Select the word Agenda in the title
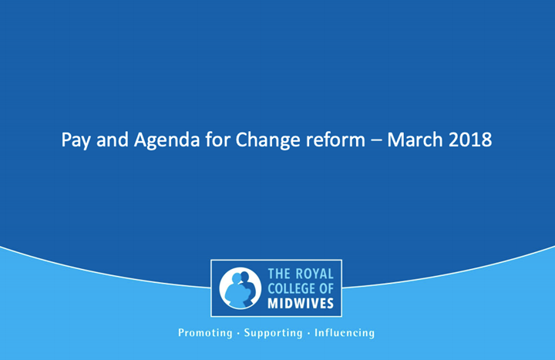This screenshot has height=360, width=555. (x=166, y=140)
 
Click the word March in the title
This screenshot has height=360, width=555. (x=415, y=140)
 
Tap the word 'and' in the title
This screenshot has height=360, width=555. (x=113, y=140)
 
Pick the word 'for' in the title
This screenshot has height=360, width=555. (x=217, y=140)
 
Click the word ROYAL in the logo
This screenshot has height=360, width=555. (x=314, y=274)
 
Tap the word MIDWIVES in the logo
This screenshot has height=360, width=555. (x=301, y=304)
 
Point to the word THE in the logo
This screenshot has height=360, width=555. (x=279, y=274)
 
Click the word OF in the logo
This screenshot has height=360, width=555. (x=326, y=289)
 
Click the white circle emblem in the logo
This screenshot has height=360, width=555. (x=240, y=288)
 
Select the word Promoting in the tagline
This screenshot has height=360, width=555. (x=205, y=333)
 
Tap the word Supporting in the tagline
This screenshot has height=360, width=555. (x=273, y=333)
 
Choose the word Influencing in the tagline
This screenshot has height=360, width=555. (x=345, y=333)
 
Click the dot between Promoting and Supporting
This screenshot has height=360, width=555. (x=238, y=334)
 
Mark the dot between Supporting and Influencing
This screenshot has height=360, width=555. (x=308, y=334)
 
